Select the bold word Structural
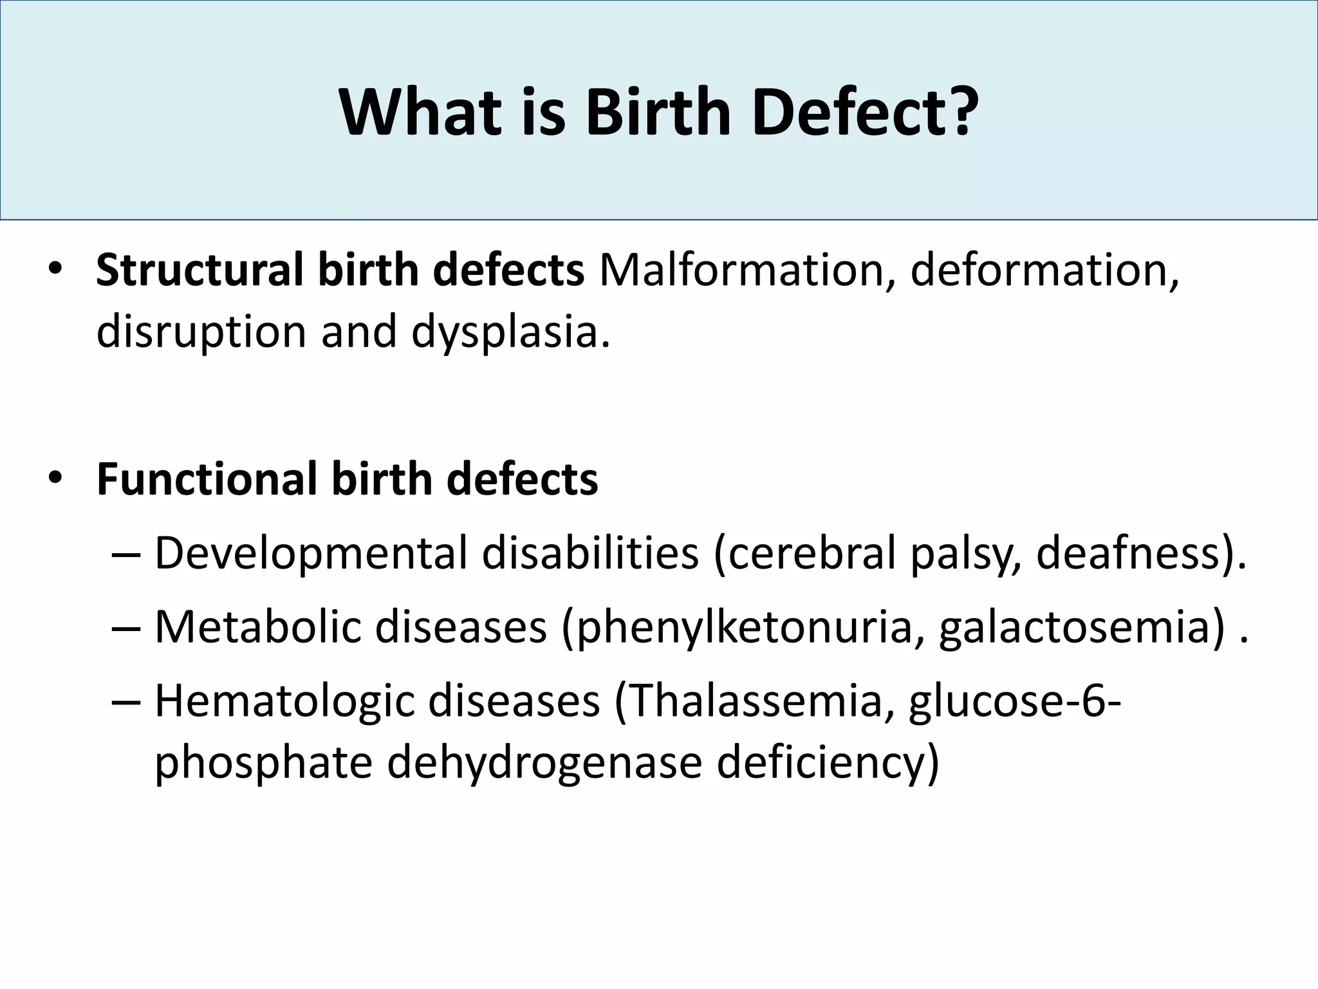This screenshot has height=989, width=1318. coord(200,270)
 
